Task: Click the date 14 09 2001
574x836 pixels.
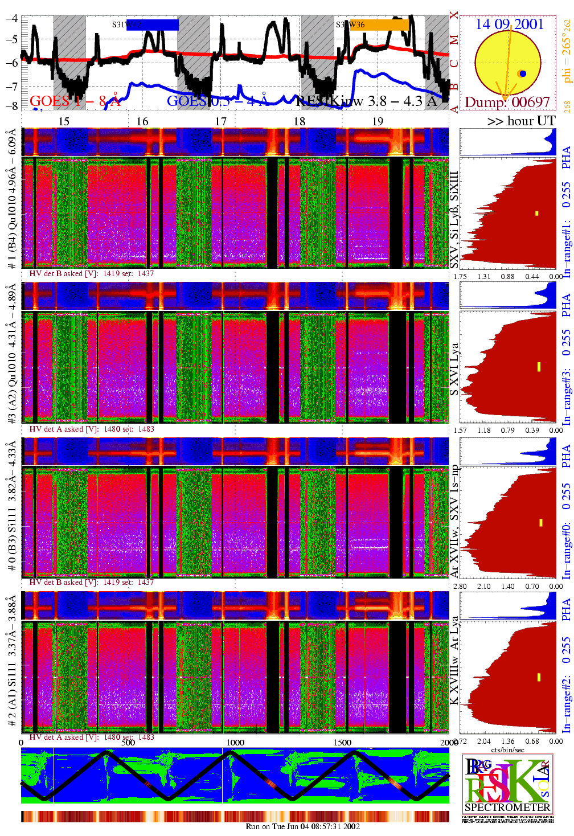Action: (x=510, y=24)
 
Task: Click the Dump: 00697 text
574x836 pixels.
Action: (x=507, y=102)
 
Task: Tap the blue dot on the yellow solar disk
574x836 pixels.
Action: (x=523, y=73)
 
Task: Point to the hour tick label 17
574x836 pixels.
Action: (x=221, y=121)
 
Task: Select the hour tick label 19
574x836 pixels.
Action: (x=378, y=121)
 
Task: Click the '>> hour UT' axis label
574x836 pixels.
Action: (x=521, y=121)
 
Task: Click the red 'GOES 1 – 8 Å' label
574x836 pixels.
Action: (x=75, y=101)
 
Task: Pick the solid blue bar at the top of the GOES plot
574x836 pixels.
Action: (x=152, y=24)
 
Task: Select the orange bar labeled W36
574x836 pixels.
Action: (x=379, y=24)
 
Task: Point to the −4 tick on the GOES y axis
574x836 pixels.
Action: (x=11, y=18)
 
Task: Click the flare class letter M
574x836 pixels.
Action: (x=454, y=40)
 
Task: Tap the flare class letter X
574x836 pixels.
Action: (x=454, y=15)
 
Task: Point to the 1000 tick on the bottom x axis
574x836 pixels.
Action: (x=235, y=742)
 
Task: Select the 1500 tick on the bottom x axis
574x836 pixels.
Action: (x=342, y=742)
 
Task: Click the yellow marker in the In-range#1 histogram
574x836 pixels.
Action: (x=536, y=214)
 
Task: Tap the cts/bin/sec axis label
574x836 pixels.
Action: (x=507, y=749)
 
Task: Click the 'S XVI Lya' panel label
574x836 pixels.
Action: (x=454, y=368)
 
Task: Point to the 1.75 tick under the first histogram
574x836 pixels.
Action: (x=460, y=277)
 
